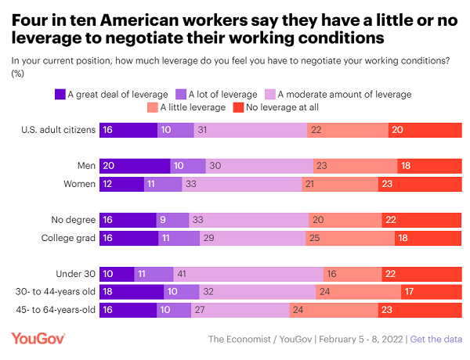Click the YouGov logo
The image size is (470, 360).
click(x=38, y=339)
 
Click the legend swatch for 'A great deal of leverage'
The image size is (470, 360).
click(x=60, y=94)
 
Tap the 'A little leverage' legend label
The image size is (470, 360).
click(x=193, y=107)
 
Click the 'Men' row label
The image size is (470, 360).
click(x=85, y=165)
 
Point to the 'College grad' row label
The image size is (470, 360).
click(x=68, y=238)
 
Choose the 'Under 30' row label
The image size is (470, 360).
click(x=77, y=273)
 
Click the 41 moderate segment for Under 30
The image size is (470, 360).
click(x=248, y=273)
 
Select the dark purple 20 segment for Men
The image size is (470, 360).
click(x=135, y=165)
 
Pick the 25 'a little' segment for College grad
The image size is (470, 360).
click(x=350, y=238)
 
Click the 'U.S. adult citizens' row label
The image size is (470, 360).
click(x=59, y=129)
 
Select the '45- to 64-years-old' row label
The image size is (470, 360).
click(x=55, y=309)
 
